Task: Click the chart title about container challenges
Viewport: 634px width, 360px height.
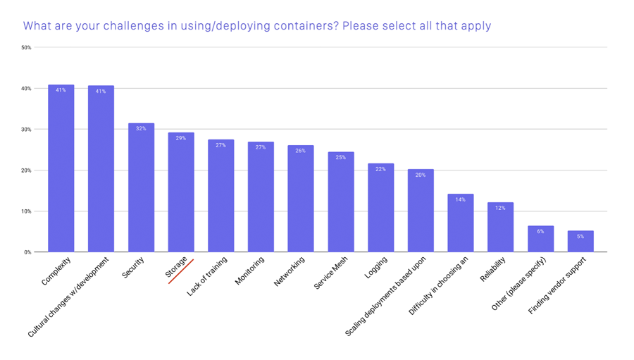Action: coord(256,26)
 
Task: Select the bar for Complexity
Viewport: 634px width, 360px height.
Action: coord(61,169)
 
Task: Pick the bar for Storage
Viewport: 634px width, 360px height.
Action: coord(181,192)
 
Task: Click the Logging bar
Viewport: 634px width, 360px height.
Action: coord(380,208)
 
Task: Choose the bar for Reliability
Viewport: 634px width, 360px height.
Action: coord(500,228)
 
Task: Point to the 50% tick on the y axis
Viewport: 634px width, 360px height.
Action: coord(26,48)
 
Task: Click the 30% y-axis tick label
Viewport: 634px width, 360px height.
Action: coord(26,130)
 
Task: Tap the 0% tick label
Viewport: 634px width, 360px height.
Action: coord(27,252)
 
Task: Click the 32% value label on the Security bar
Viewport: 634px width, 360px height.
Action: coord(141,129)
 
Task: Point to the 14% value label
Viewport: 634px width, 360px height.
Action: coord(460,199)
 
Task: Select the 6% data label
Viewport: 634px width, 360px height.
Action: coord(540,232)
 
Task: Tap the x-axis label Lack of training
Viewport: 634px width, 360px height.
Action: coord(208,276)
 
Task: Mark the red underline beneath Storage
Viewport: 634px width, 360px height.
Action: coord(181,271)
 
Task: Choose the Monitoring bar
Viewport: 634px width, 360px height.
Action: coord(261,197)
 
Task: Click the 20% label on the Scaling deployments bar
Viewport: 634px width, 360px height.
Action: coord(421,175)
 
